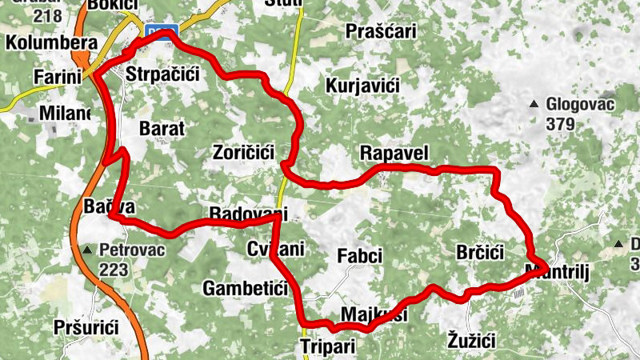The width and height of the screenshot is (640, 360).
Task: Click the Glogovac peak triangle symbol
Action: click(534, 104)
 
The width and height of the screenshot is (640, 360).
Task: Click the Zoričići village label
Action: click(244, 151)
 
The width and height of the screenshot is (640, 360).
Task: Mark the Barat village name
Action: click(162, 128)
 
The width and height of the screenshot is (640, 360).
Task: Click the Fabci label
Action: click(360, 257)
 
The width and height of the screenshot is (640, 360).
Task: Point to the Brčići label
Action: click(479, 253)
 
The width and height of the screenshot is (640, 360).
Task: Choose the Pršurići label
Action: click(86, 327)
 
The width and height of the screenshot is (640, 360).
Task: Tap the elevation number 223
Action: click(114, 270)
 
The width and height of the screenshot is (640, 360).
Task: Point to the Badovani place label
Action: click(246, 214)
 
